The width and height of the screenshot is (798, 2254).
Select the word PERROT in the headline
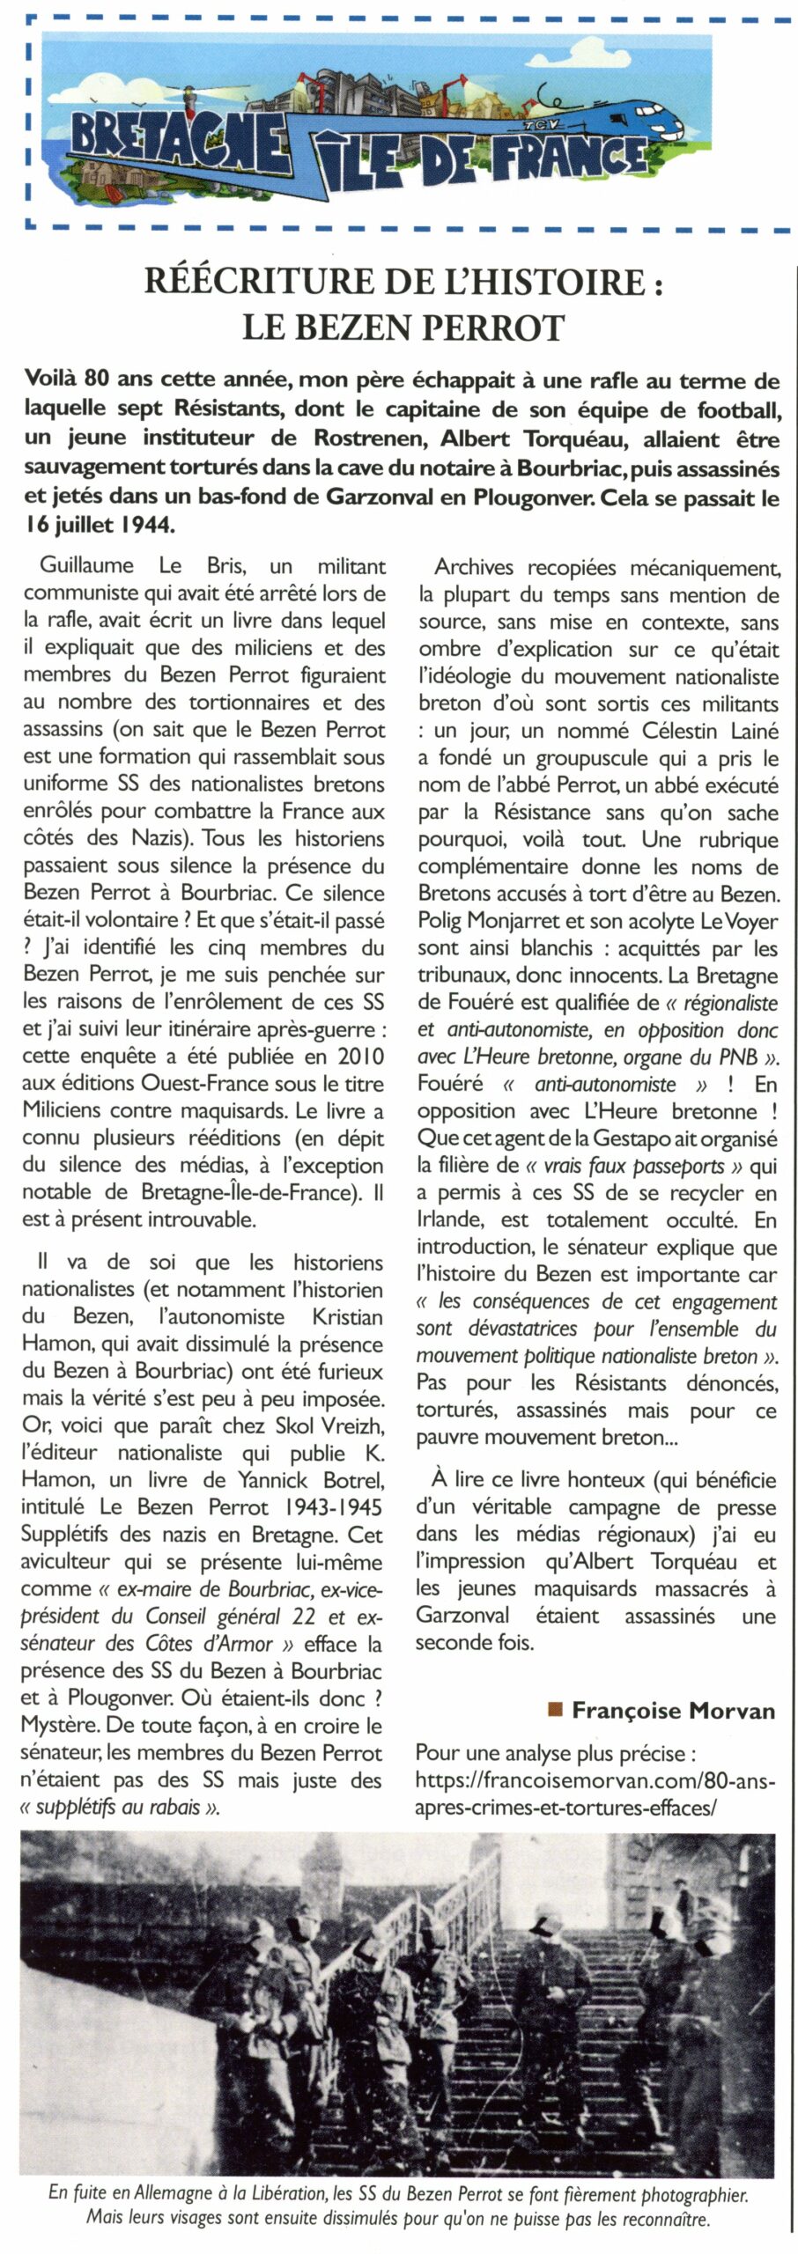click(x=499, y=328)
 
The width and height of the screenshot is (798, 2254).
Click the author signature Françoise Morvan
click(x=673, y=1711)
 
